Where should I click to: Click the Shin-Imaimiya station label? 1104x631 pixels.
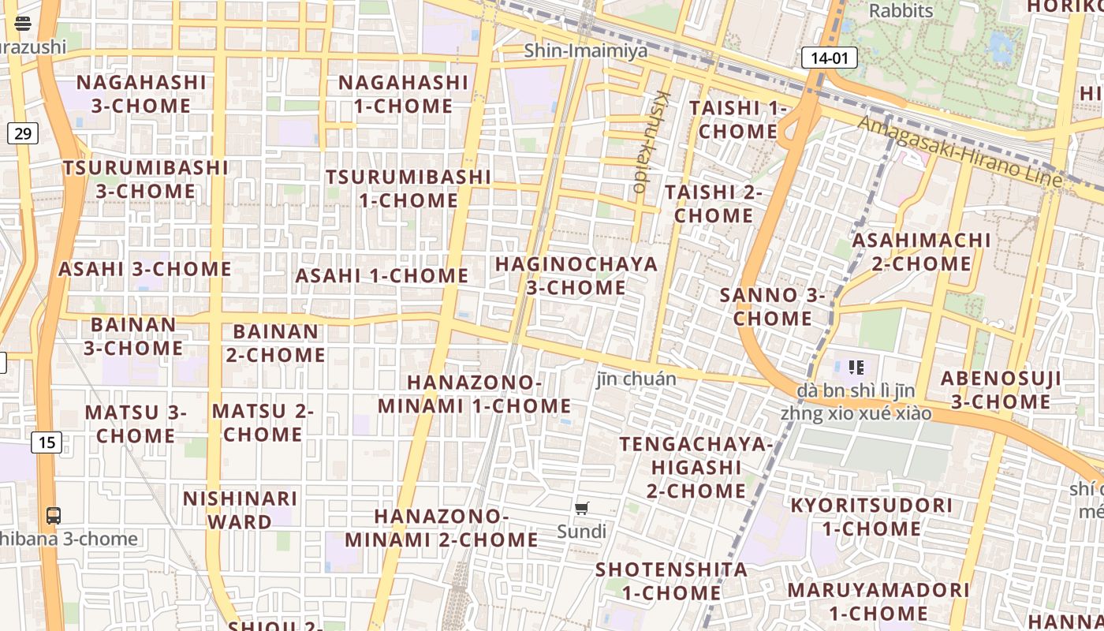click(586, 51)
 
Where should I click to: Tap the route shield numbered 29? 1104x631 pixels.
click(23, 133)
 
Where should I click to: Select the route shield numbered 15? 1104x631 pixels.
click(47, 442)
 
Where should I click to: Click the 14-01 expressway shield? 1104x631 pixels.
click(829, 58)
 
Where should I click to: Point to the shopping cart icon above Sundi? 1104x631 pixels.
click(582, 509)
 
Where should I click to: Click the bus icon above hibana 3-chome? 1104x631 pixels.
click(54, 516)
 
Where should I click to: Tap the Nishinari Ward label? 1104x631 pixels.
click(240, 510)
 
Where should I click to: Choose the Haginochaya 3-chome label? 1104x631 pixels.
click(576, 275)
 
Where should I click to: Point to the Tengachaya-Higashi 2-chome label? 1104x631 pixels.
click(696, 467)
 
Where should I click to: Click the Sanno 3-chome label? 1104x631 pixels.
click(773, 306)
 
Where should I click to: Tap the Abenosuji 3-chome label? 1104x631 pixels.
click(1001, 390)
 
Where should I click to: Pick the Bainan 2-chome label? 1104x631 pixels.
click(275, 342)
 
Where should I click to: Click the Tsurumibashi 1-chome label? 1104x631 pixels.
click(408, 188)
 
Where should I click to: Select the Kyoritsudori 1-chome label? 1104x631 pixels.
click(871, 517)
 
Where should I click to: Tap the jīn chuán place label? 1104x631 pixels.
click(636, 379)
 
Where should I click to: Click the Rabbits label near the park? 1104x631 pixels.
click(901, 11)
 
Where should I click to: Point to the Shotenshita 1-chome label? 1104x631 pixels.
click(671, 581)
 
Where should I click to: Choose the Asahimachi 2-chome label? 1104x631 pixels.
click(921, 251)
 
